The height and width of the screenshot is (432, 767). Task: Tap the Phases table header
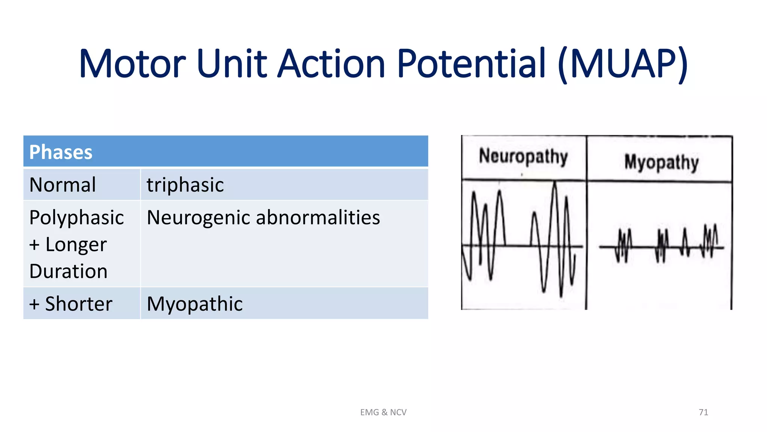[x=61, y=152]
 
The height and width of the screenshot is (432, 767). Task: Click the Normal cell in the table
[x=63, y=184]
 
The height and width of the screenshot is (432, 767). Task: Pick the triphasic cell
[x=185, y=184]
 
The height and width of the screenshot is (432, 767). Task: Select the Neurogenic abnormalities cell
[x=263, y=217]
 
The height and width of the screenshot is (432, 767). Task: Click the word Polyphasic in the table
[x=76, y=217]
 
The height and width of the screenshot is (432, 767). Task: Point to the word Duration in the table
[x=69, y=271]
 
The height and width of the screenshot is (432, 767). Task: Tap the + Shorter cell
[x=71, y=303]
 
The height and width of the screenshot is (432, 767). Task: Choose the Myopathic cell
[x=194, y=303]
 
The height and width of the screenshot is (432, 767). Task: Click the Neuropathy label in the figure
[x=523, y=156]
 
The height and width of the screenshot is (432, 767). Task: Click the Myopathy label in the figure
[x=661, y=162]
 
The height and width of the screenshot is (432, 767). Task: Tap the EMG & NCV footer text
[x=383, y=412]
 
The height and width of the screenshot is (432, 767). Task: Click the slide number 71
[x=703, y=412]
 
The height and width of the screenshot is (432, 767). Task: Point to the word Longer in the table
[x=76, y=244]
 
